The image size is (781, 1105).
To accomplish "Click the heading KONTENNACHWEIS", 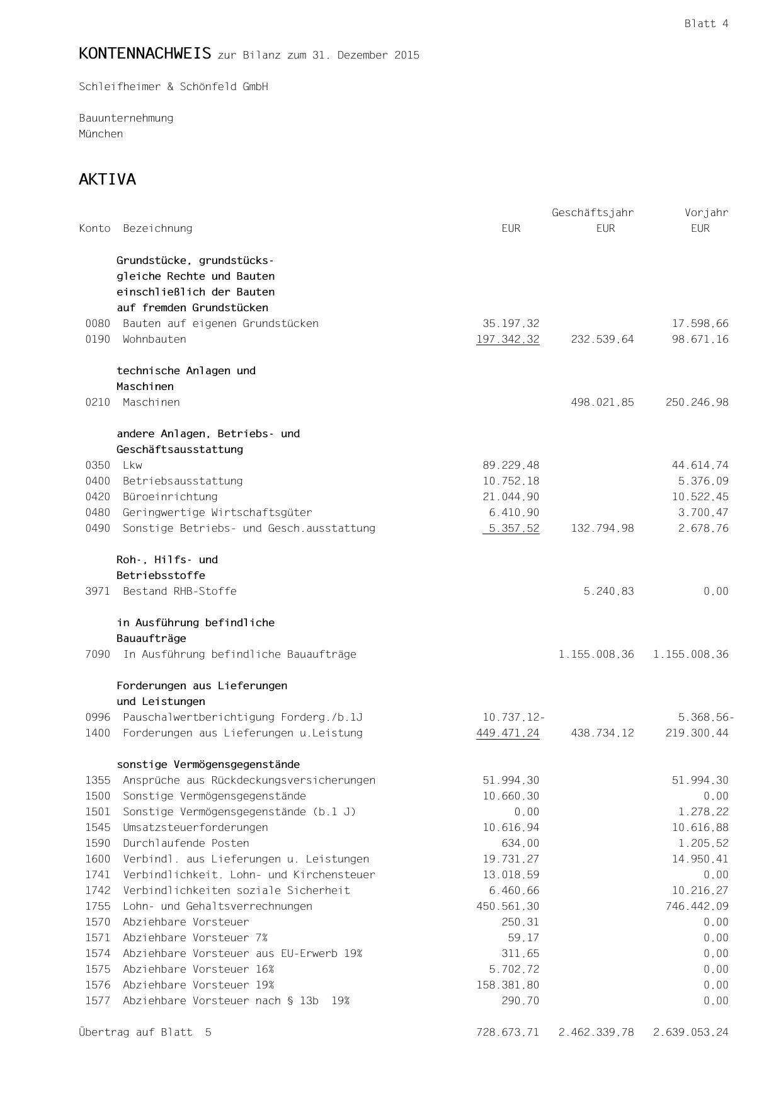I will (x=145, y=54).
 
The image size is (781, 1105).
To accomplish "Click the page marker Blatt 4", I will (x=706, y=24).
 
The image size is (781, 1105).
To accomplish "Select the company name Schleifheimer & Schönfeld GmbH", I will (x=173, y=87).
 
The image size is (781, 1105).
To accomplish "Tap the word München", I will (x=101, y=134).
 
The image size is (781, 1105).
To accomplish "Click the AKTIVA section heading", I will (x=107, y=180).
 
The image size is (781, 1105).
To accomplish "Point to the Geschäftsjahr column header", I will (x=593, y=213).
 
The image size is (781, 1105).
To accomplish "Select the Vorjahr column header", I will (x=706, y=213).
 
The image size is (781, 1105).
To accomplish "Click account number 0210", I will (x=98, y=403).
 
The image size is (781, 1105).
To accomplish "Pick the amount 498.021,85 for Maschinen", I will (x=602, y=403).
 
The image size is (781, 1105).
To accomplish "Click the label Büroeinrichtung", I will (x=170, y=497).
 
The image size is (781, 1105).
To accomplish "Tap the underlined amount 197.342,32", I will (x=508, y=340).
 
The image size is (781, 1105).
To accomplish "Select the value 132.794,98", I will (x=602, y=529).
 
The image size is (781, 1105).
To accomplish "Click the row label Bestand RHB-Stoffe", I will (x=180, y=592).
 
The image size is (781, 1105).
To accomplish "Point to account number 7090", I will (x=98, y=655).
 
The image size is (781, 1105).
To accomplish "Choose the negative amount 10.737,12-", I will (x=513, y=718).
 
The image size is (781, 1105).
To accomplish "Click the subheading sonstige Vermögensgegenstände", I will (x=208, y=765).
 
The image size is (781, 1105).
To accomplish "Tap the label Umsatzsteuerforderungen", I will (x=195, y=828).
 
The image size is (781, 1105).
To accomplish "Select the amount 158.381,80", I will (x=508, y=985).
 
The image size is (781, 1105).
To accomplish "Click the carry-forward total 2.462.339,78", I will (x=596, y=1033).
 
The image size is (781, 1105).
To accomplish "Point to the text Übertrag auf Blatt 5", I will (x=145, y=1033).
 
